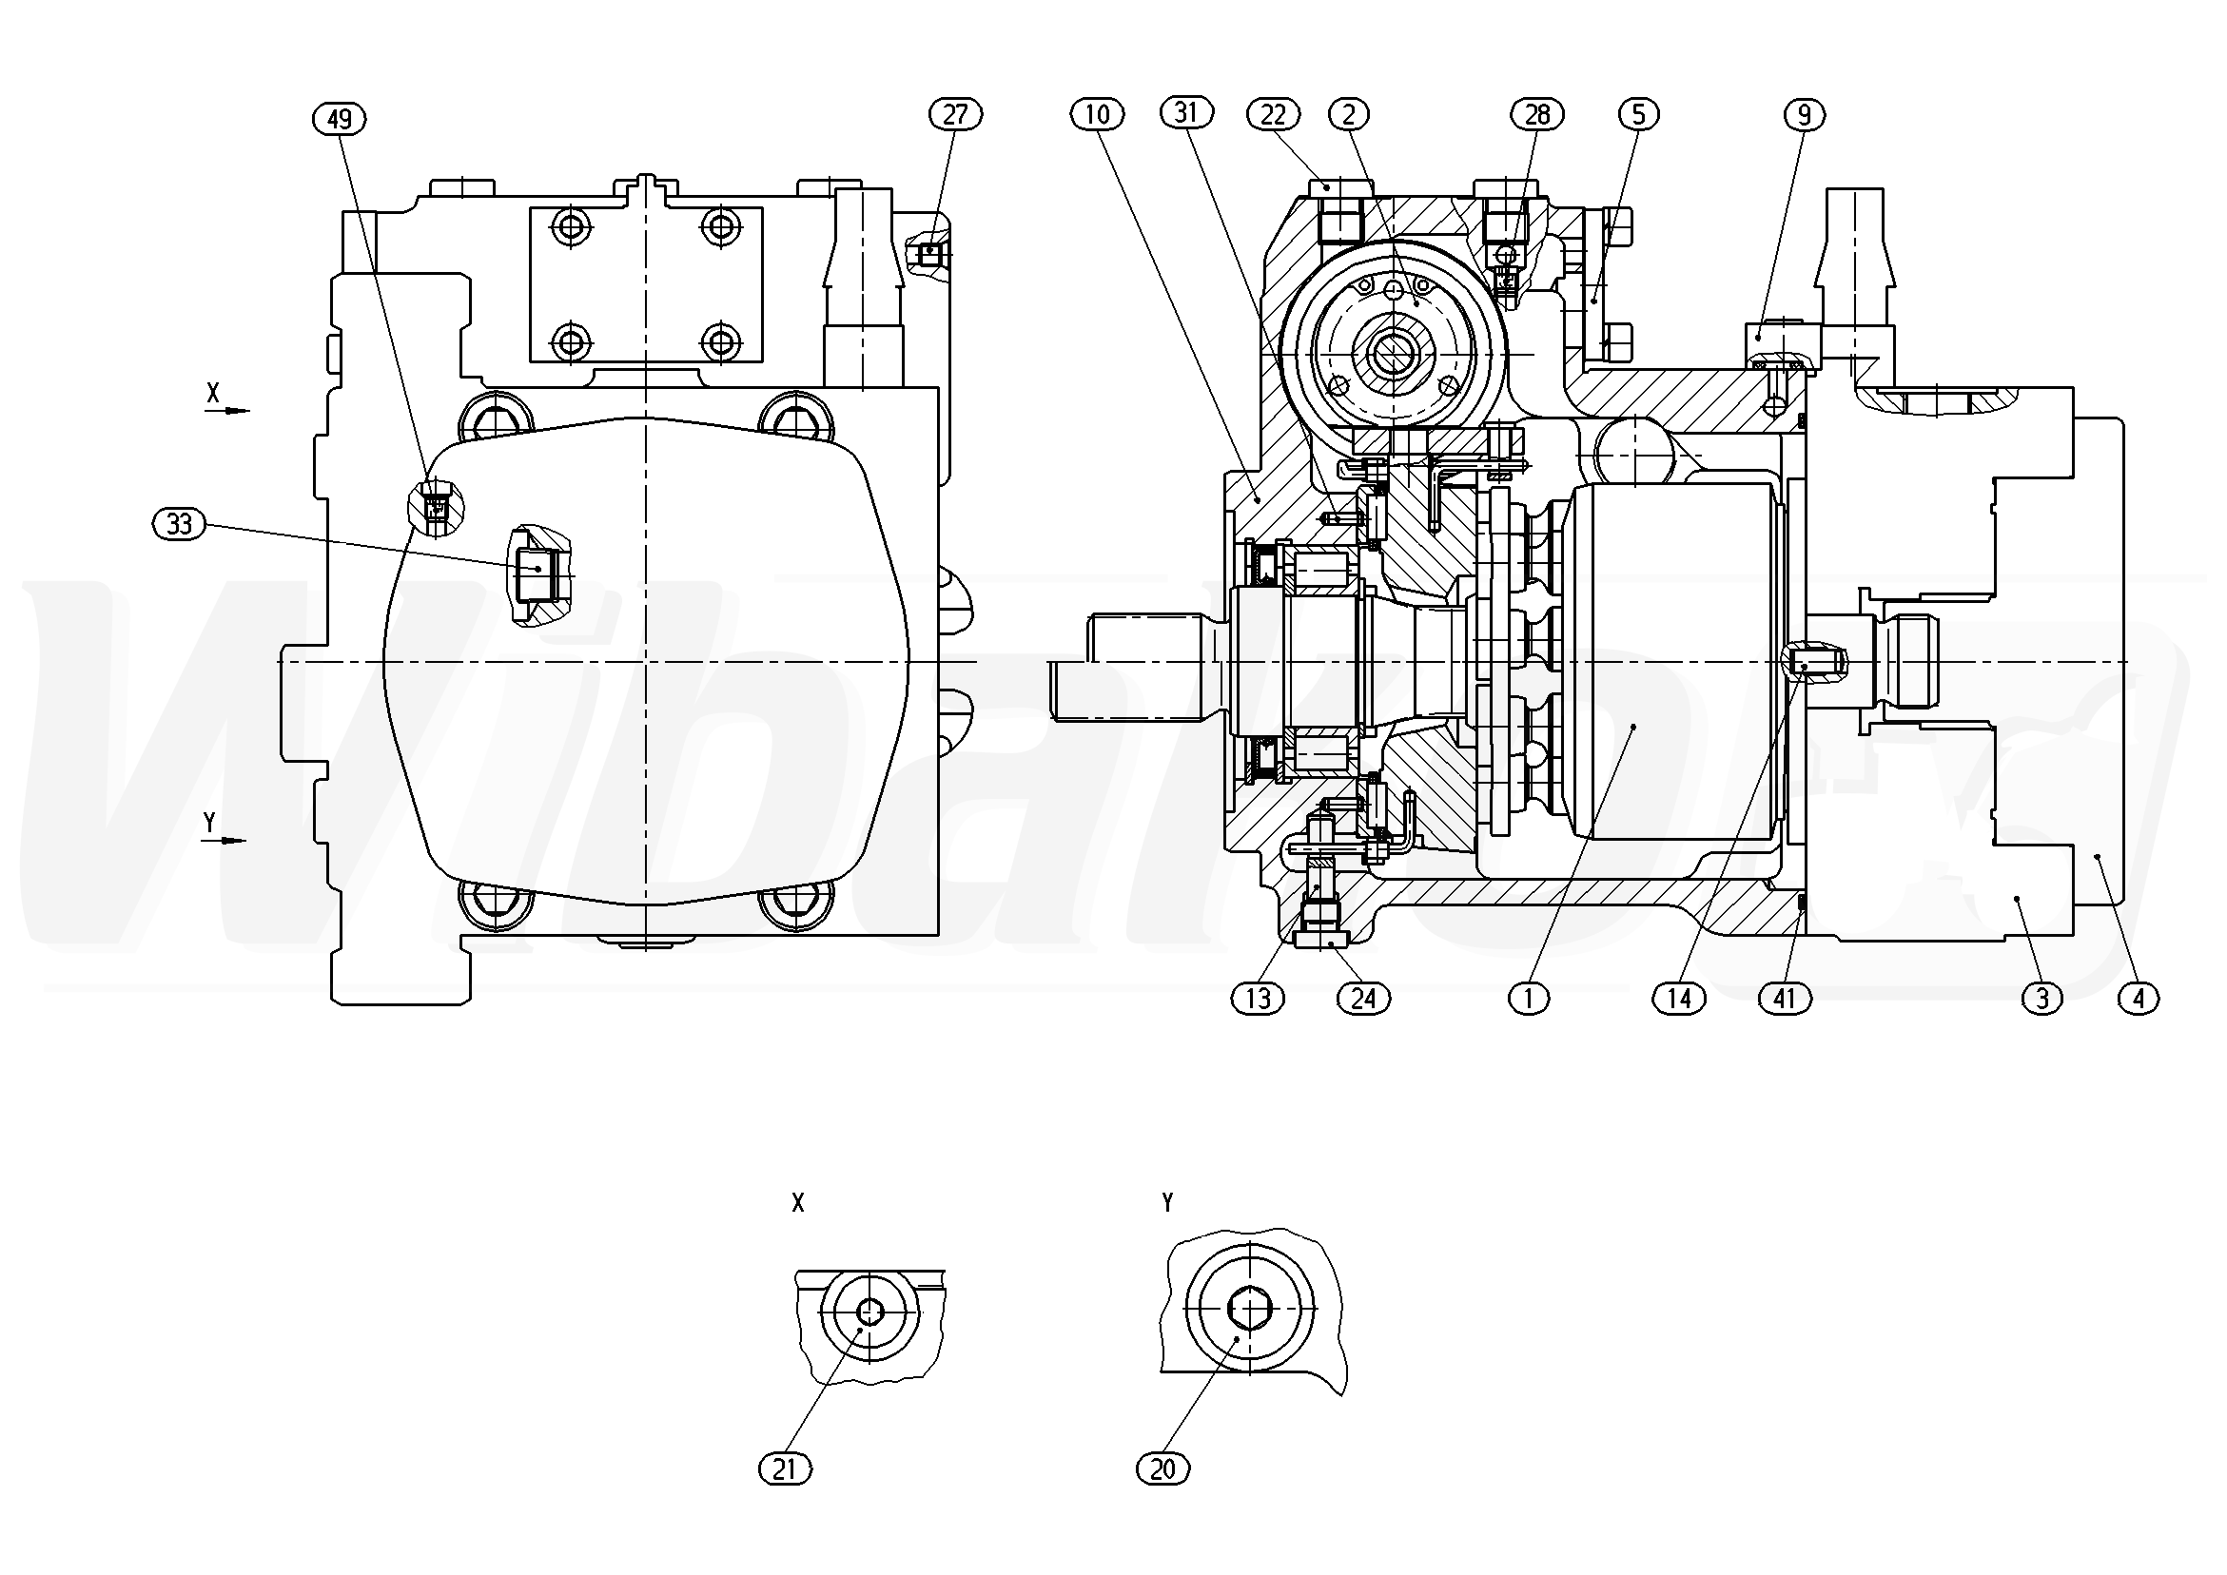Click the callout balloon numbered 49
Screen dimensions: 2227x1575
(340, 119)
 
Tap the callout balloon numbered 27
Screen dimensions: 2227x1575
(955, 114)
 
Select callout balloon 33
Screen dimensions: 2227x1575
(180, 525)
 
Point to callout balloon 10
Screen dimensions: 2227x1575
(1097, 114)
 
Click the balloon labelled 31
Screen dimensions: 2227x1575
(1186, 112)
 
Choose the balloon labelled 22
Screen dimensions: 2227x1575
(1273, 114)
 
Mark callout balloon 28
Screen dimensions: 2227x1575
(1537, 114)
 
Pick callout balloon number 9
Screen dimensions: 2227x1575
(1803, 115)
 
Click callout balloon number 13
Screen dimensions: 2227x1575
(1258, 998)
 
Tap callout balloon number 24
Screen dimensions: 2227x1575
(1363, 998)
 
